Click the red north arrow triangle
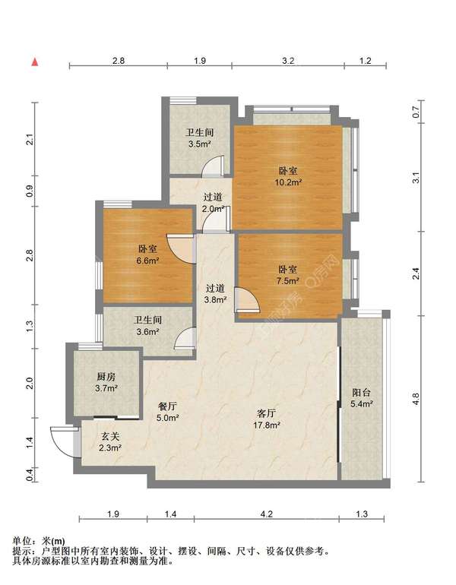point(35,62)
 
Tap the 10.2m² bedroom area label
point(289,176)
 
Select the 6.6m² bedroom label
point(147,255)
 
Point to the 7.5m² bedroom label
point(288,275)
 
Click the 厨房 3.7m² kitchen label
point(106,382)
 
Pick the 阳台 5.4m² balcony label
point(362,397)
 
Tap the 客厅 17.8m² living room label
point(267,419)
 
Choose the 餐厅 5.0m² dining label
point(167,412)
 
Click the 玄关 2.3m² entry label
point(110,441)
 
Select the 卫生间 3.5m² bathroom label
point(200,138)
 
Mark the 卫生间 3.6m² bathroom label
point(147,325)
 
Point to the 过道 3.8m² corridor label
point(215,293)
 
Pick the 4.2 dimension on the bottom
point(267,514)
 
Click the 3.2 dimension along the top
point(288,61)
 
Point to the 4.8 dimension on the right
point(416,398)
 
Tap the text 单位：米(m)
point(39,541)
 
